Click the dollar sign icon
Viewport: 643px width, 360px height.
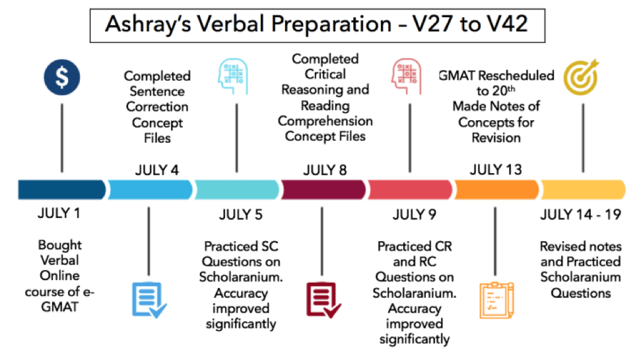click(62, 77)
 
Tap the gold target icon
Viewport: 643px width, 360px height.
click(581, 77)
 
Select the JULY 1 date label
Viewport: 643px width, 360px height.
click(59, 213)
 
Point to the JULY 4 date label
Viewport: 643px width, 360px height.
click(157, 170)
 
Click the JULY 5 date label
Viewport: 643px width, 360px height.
click(241, 215)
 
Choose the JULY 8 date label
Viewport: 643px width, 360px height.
click(325, 170)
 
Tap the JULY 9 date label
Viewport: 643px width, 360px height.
click(414, 215)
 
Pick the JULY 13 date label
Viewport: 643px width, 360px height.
click(496, 170)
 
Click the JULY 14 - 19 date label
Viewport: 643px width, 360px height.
click(581, 214)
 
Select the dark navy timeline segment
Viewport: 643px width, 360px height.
click(61, 190)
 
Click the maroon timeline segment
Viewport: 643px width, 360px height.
click(323, 190)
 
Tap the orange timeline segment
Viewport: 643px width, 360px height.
click(496, 190)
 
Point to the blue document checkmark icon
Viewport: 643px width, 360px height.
click(149, 300)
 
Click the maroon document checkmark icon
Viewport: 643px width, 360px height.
click(323, 300)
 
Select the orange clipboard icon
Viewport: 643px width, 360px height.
click(496, 300)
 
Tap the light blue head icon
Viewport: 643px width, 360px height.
click(233, 77)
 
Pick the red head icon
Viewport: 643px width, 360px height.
click(407, 77)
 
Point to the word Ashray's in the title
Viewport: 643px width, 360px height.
click(148, 24)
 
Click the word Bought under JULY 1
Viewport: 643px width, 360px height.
click(60, 244)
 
